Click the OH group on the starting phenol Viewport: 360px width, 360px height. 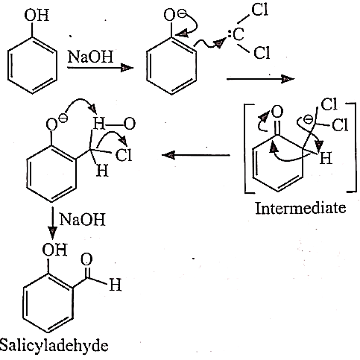[x=37, y=16]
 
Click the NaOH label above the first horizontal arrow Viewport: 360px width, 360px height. [x=90, y=57]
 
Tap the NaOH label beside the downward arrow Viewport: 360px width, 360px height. [x=83, y=219]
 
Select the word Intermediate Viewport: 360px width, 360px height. [x=300, y=208]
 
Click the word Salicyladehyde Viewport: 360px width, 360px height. [x=54, y=346]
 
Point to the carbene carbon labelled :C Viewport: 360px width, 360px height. [x=236, y=34]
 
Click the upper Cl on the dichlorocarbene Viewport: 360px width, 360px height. [x=260, y=10]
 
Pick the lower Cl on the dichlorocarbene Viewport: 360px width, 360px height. [x=262, y=53]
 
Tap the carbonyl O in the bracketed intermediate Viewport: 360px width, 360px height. [x=277, y=112]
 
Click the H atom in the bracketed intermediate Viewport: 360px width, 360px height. [x=326, y=158]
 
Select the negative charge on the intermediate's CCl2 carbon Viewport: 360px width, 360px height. [x=309, y=120]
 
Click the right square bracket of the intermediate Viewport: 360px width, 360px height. [x=352, y=147]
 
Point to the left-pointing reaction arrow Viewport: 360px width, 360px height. [x=196, y=155]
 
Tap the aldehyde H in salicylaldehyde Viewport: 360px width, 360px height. [x=116, y=285]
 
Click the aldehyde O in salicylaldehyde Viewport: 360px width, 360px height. [x=86, y=259]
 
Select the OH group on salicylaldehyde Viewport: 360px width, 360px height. [x=55, y=249]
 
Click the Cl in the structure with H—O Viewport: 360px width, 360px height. [x=124, y=155]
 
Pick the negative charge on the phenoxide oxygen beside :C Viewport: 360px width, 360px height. [x=182, y=14]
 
